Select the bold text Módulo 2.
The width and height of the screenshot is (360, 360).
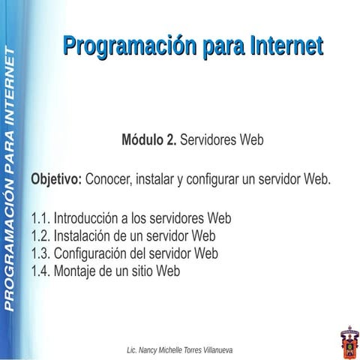coord(148,140)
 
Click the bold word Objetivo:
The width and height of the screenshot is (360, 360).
coord(56,180)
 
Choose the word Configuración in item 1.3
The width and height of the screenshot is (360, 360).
coord(94,253)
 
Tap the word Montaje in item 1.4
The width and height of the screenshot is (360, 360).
coord(77,271)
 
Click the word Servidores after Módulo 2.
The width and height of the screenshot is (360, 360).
coord(210,140)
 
